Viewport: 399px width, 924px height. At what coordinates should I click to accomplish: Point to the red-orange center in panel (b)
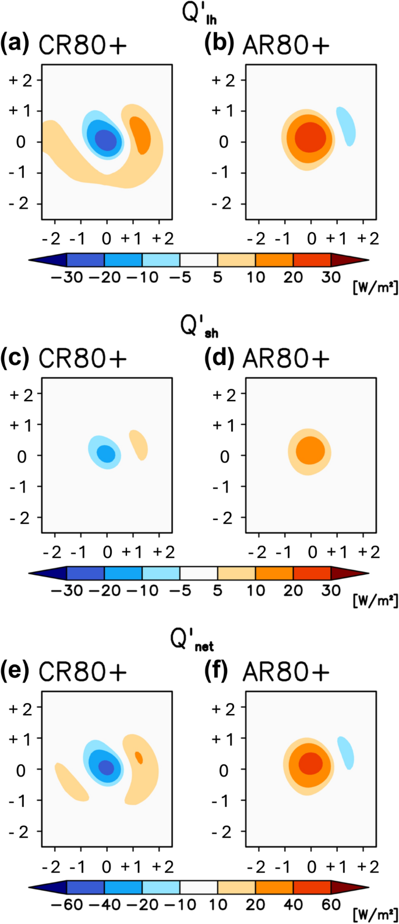click(309, 139)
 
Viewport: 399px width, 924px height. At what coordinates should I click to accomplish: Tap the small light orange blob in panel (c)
click(139, 445)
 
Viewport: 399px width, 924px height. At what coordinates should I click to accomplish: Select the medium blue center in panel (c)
click(106, 454)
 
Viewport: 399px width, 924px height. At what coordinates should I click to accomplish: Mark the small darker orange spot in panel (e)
click(139, 757)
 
